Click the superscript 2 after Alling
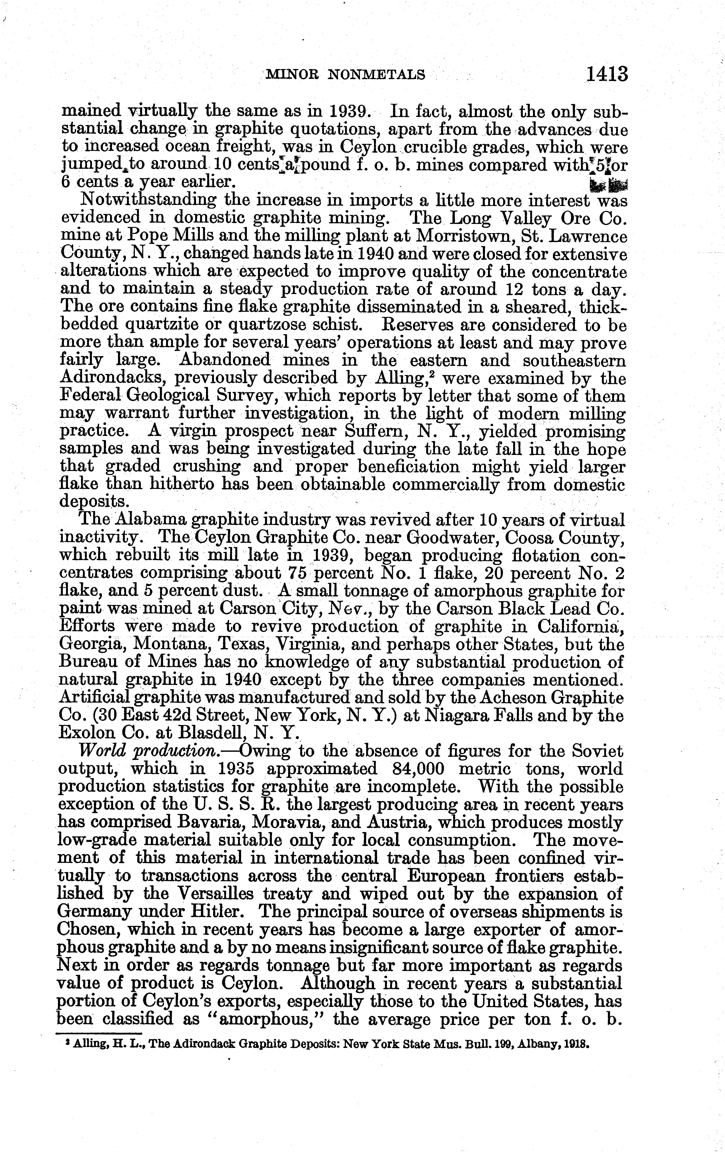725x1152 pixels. click(432, 373)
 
